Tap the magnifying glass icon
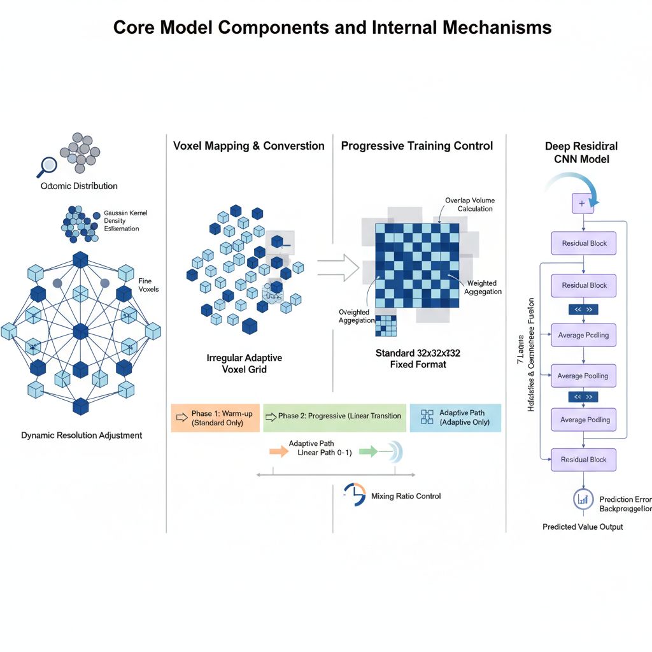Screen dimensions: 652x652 [x=46, y=166]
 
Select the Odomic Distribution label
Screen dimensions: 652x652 [x=79, y=186]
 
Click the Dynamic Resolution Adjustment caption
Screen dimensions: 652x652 [x=81, y=436]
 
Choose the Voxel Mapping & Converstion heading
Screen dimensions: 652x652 [x=249, y=146]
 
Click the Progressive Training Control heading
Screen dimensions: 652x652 [x=417, y=146]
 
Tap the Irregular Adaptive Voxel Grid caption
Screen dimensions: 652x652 [x=244, y=363]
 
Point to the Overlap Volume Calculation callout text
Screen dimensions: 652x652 [x=469, y=204]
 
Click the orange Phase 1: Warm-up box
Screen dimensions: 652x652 [x=216, y=418]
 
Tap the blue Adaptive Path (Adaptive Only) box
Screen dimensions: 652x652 [x=455, y=418]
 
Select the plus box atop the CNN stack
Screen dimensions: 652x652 [x=581, y=203]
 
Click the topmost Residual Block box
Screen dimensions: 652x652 [x=584, y=243]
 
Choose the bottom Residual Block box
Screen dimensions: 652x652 [x=584, y=459]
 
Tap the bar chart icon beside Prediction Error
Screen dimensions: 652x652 [x=583, y=500]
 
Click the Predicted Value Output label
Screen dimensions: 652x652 [x=583, y=527]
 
